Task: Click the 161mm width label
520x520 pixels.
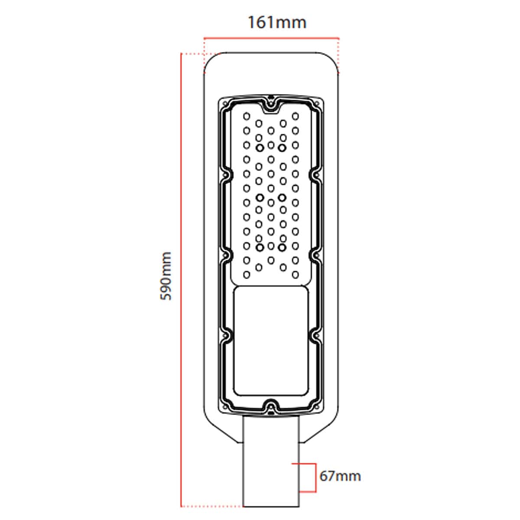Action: coord(276,22)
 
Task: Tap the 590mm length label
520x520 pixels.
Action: coord(166,276)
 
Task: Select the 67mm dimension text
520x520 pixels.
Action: coord(340,476)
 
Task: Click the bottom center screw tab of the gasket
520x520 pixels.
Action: coord(271,407)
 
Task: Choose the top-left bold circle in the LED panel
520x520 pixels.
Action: coord(260,148)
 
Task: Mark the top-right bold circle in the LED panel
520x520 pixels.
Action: coord(283,148)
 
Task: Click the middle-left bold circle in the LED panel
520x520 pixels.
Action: coord(260,198)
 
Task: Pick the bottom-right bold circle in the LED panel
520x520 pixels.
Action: coord(283,247)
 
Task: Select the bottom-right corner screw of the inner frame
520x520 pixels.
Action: coord(318,406)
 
